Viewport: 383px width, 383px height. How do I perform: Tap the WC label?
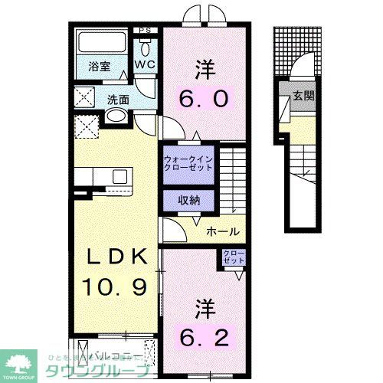point(146,65)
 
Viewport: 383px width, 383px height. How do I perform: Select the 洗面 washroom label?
point(118,99)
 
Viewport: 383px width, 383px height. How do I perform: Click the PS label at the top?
point(145,31)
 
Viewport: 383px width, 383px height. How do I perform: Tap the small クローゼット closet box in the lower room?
point(233,257)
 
